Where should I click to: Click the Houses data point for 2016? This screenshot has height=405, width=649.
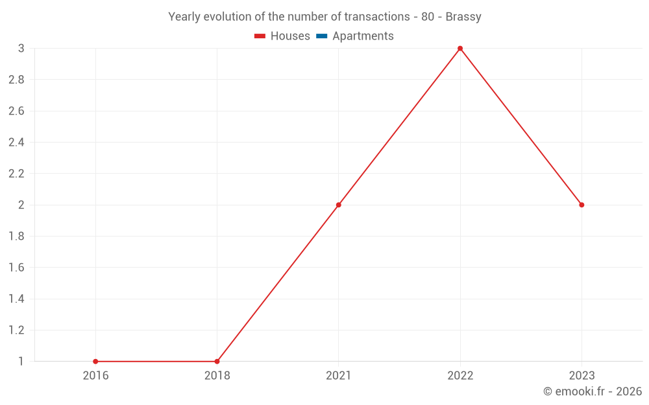pyautogui.click(x=95, y=362)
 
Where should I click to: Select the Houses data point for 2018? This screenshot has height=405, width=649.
pyautogui.click(x=217, y=362)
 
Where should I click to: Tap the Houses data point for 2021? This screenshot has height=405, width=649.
pyautogui.click(x=338, y=205)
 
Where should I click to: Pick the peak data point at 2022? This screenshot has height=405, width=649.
pyautogui.click(x=460, y=49)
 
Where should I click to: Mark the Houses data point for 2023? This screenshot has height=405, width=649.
pyautogui.click(x=582, y=205)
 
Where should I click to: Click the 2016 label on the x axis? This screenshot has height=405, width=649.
pyautogui.click(x=95, y=376)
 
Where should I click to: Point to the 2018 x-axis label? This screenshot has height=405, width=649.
pyautogui.click(x=217, y=376)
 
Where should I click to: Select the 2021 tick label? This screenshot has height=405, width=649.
pyautogui.click(x=338, y=376)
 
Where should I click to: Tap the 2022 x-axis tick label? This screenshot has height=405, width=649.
pyautogui.click(x=460, y=376)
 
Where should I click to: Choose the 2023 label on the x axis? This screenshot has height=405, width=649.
pyautogui.click(x=582, y=376)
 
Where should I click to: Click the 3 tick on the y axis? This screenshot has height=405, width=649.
pyautogui.click(x=21, y=49)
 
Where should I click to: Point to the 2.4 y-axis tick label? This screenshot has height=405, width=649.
pyautogui.click(x=16, y=143)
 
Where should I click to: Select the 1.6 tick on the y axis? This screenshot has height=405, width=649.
pyautogui.click(x=16, y=268)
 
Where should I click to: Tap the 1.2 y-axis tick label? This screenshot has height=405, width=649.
pyautogui.click(x=16, y=330)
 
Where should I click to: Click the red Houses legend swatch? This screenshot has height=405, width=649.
pyautogui.click(x=260, y=36)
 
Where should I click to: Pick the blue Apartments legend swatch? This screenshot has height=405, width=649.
pyautogui.click(x=322, y=36)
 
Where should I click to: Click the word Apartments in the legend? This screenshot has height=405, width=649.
pyautogui.click(x=363, y=36)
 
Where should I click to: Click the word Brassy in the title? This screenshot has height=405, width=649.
pyautogui.click(x=463, y=17)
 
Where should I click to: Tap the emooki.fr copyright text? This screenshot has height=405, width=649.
pyautogui.click(x=593, y=391)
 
